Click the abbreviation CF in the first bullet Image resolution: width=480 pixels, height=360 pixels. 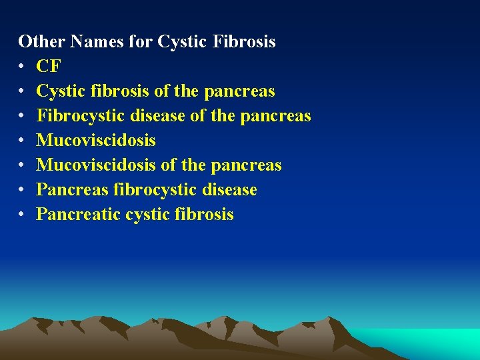(x=49, y=66)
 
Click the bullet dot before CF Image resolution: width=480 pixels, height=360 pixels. (x=22, y=67)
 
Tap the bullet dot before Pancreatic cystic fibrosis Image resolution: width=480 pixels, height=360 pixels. (x=22, y=215)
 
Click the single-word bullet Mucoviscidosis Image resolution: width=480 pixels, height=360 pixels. (x=96, y=140)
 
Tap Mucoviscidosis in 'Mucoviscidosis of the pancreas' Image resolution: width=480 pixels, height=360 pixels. (x=96, y=165)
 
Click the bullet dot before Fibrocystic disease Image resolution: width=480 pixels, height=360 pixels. (x=22, y=116)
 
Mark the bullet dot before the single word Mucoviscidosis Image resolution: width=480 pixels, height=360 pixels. (x=22, y=141)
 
